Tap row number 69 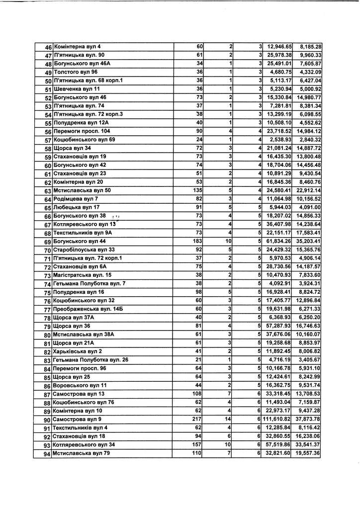[x=48, y=242]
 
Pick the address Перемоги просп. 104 [x=82, y=131]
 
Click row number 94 [x=48, y=454]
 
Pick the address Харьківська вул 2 [x=78, y=351]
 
